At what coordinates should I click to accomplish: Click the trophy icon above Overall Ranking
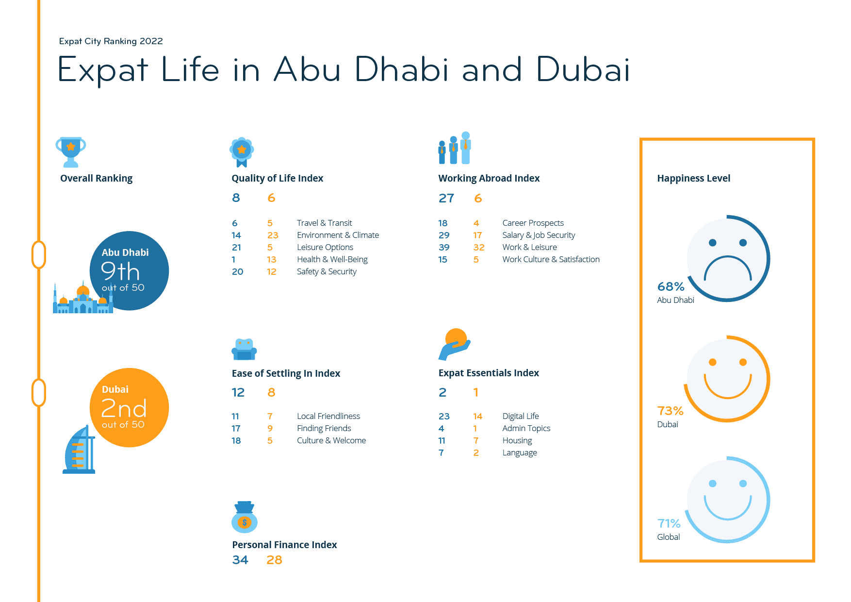tap(71, 151)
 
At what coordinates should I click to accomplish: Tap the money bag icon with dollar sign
tap(245, 518)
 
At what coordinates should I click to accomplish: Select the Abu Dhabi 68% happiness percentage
tap(671, 286)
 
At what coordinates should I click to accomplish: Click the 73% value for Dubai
tap(670, 411)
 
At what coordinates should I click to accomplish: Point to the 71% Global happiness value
tap(669, 523)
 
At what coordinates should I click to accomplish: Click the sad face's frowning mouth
tap(727, 270)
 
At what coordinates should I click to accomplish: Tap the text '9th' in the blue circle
tap(120, 271)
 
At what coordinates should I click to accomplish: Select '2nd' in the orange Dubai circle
tap(123, 409)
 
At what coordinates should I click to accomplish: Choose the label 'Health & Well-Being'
tap(332, 259)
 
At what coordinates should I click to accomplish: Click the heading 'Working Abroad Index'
tap(489, 178)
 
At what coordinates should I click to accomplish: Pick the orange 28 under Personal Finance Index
tap(274, 560)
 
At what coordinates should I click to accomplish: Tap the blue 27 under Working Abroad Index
tap(446, 198)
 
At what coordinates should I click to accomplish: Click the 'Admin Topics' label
tap(526, 428)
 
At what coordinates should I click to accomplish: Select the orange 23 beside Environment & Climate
tap(273, 235)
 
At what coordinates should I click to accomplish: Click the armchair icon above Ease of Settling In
tap(244, 349)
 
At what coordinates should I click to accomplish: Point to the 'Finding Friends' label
tap(324, 428)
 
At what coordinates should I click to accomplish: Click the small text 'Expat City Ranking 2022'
tap(111, 41)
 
